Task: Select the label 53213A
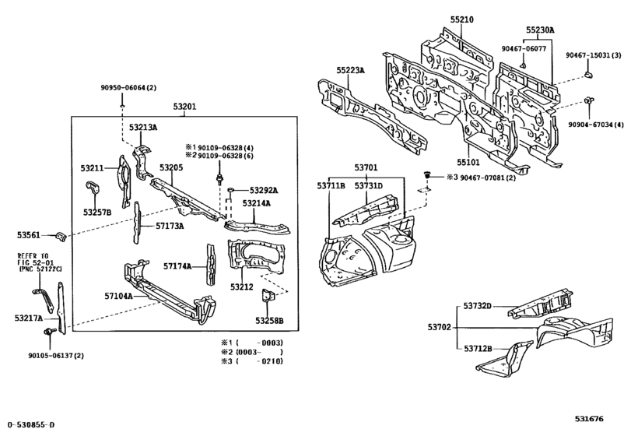pos(143,127)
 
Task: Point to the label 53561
pos(28,234)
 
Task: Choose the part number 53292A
pos(264,190)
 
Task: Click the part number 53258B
pos(269,320)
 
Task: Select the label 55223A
pos(350,70)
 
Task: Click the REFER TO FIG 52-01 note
pos(37,262)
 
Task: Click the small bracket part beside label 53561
pos(62,236)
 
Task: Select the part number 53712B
pos(479,349)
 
